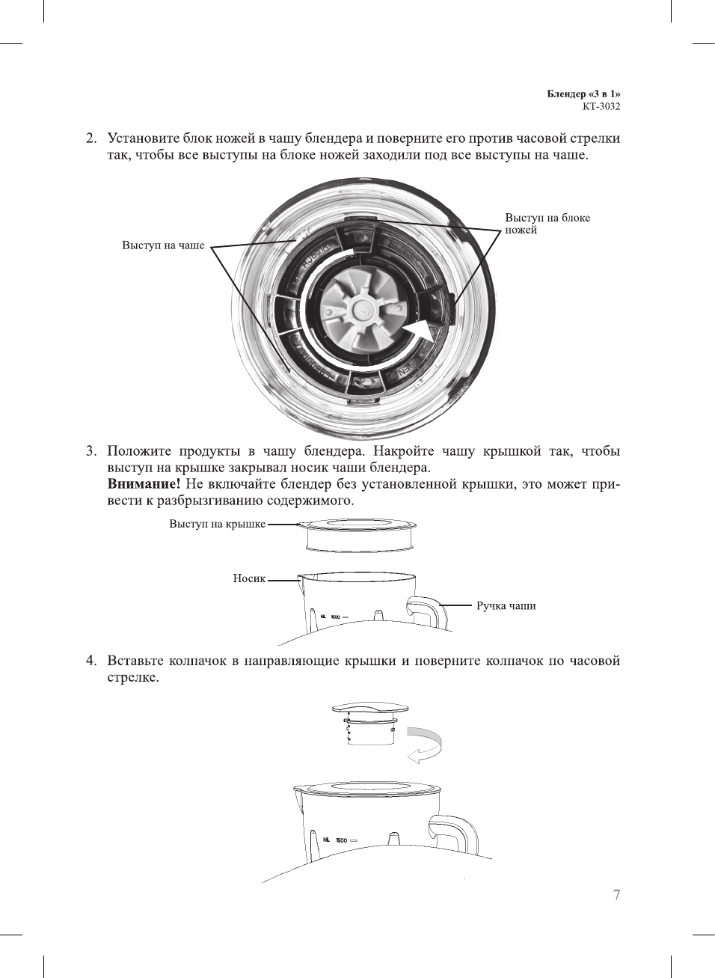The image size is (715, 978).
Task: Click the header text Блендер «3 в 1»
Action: click(x=583, y=94)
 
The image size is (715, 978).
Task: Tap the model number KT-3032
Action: click(x=601, y=106)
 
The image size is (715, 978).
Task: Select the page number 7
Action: click(x=616, y=895)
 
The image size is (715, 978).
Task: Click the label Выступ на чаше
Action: click(x=163, y=245)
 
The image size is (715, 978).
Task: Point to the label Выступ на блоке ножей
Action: click(x=547, y=224)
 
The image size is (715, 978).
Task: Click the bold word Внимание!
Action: click(x=144, y=484)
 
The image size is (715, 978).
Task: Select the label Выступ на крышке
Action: click(x=217, y=524)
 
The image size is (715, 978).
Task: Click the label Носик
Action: click(x=249, y=578)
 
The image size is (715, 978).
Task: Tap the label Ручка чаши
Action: click(x=506, y=605)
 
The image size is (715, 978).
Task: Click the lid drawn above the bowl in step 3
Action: click(x=361, y=534)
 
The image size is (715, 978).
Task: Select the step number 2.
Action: click(x=90, y=138)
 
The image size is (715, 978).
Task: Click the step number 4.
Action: click(x=90, y=661)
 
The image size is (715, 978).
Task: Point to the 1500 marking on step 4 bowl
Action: click(x=341, y=840)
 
